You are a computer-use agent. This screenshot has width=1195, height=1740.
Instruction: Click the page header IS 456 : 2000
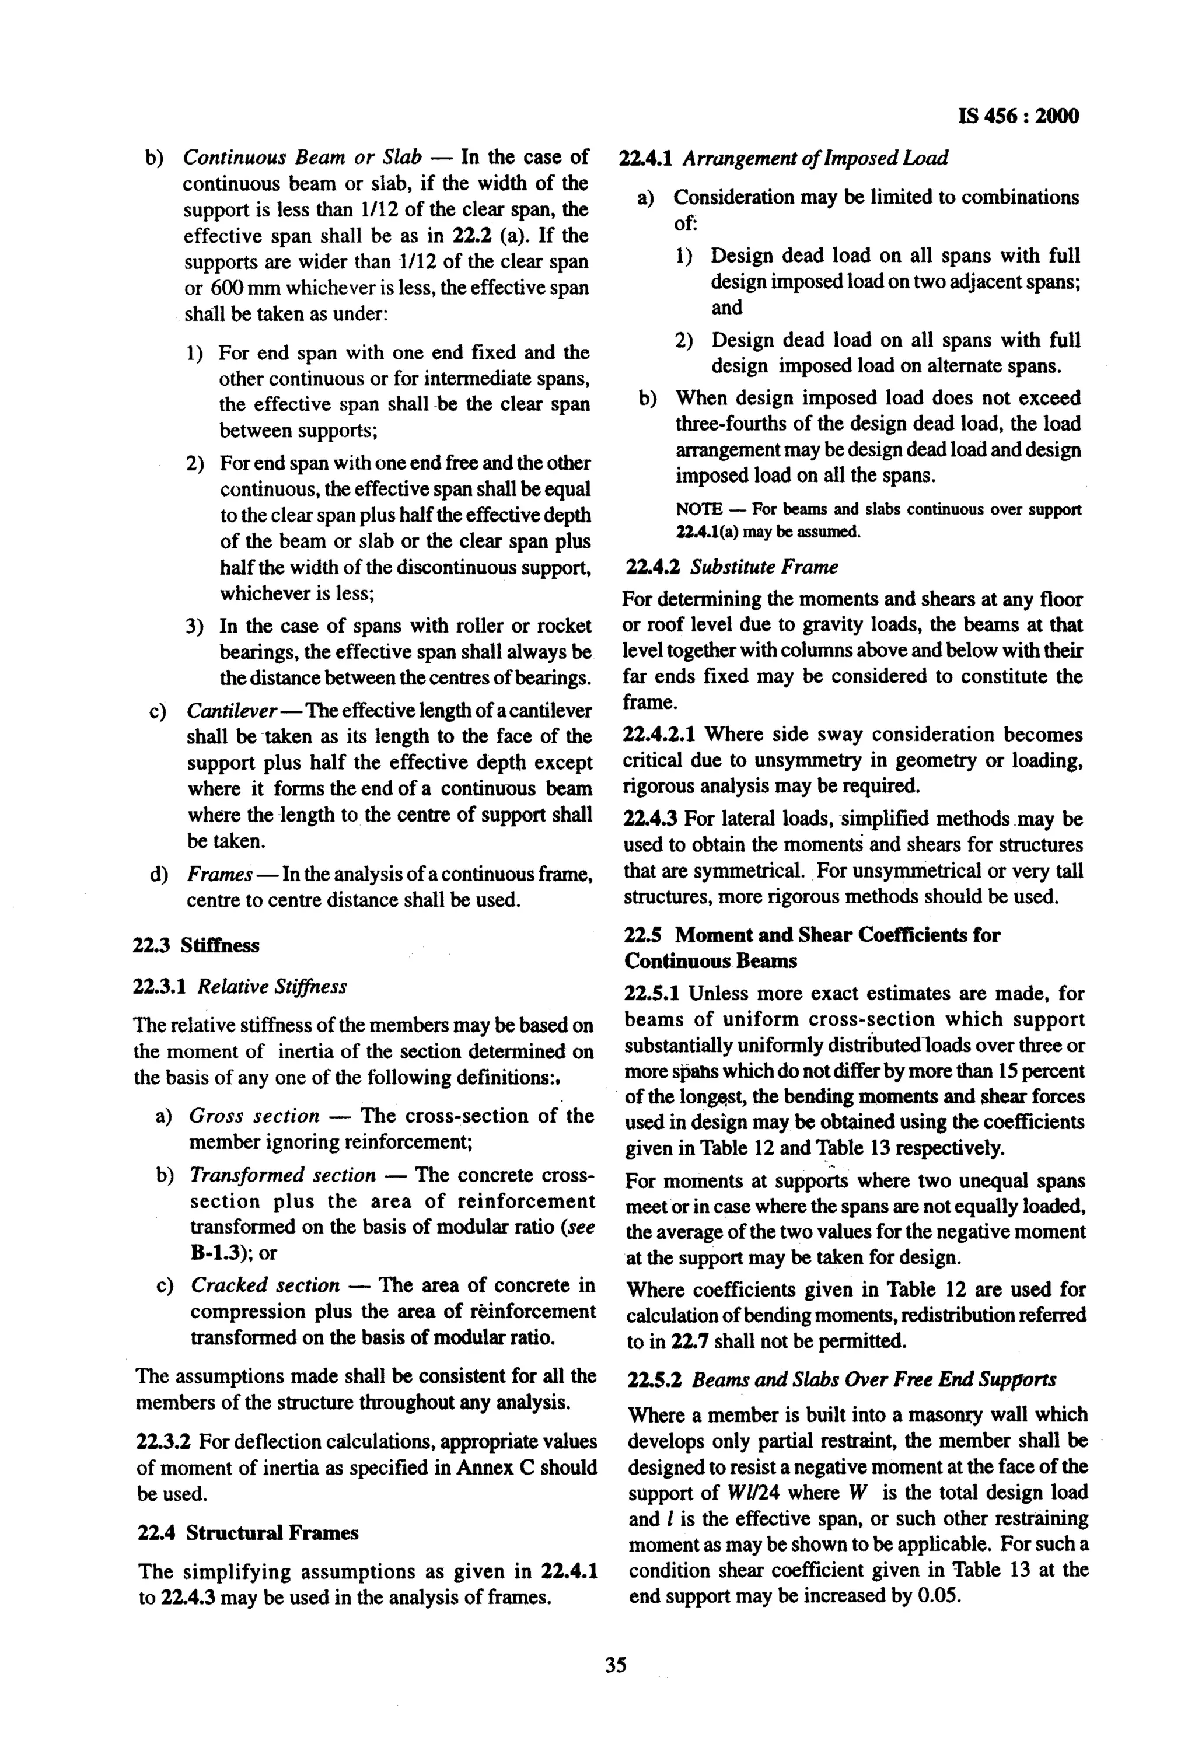[1018, 116]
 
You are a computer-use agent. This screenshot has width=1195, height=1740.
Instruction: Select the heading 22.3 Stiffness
[196, 946]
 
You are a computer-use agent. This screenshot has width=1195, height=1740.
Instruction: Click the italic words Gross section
[254, 1116]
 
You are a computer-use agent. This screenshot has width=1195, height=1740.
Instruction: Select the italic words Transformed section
[282, 1175]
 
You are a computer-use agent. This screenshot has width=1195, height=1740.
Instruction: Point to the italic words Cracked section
[265, 1285]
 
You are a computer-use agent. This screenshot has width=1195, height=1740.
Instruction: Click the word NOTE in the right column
[698, 510]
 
